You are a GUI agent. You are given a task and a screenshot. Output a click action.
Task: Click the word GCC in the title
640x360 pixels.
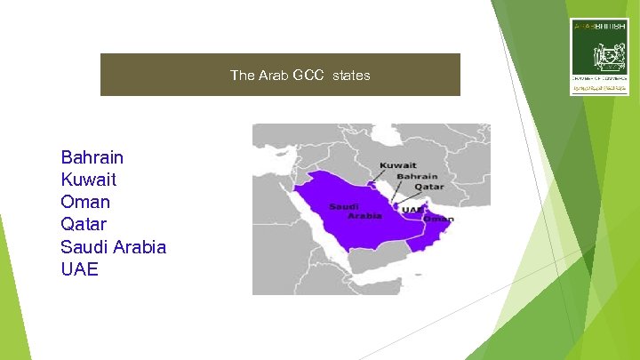point(308,76)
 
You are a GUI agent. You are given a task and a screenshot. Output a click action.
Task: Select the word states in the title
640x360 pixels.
point(352,76)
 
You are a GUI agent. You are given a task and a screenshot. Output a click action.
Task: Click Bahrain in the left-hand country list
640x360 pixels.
point(92,157)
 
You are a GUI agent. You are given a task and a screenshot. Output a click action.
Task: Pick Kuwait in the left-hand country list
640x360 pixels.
point(89,180)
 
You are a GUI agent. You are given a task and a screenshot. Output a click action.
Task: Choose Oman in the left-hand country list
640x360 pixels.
point(84,202)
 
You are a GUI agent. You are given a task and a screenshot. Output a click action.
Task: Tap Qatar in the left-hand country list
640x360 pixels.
point(84,224)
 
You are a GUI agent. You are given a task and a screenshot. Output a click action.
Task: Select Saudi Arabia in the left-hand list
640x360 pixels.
point(114,246)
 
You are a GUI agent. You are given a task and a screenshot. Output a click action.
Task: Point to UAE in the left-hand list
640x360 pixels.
point(79,268)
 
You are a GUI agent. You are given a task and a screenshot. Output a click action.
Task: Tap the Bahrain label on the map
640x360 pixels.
point(418,176)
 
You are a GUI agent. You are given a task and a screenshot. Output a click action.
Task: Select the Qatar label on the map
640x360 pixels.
point(429,187)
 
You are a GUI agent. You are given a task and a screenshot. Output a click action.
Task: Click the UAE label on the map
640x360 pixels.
point(411,210)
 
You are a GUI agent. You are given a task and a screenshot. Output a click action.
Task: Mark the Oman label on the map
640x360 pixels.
point(438,219)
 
